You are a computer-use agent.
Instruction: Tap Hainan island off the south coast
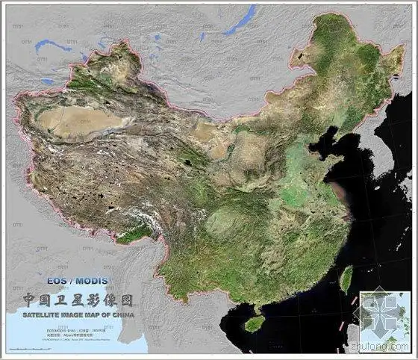255,323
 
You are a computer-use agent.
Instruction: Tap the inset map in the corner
384,317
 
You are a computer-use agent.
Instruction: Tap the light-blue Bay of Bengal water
60,340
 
